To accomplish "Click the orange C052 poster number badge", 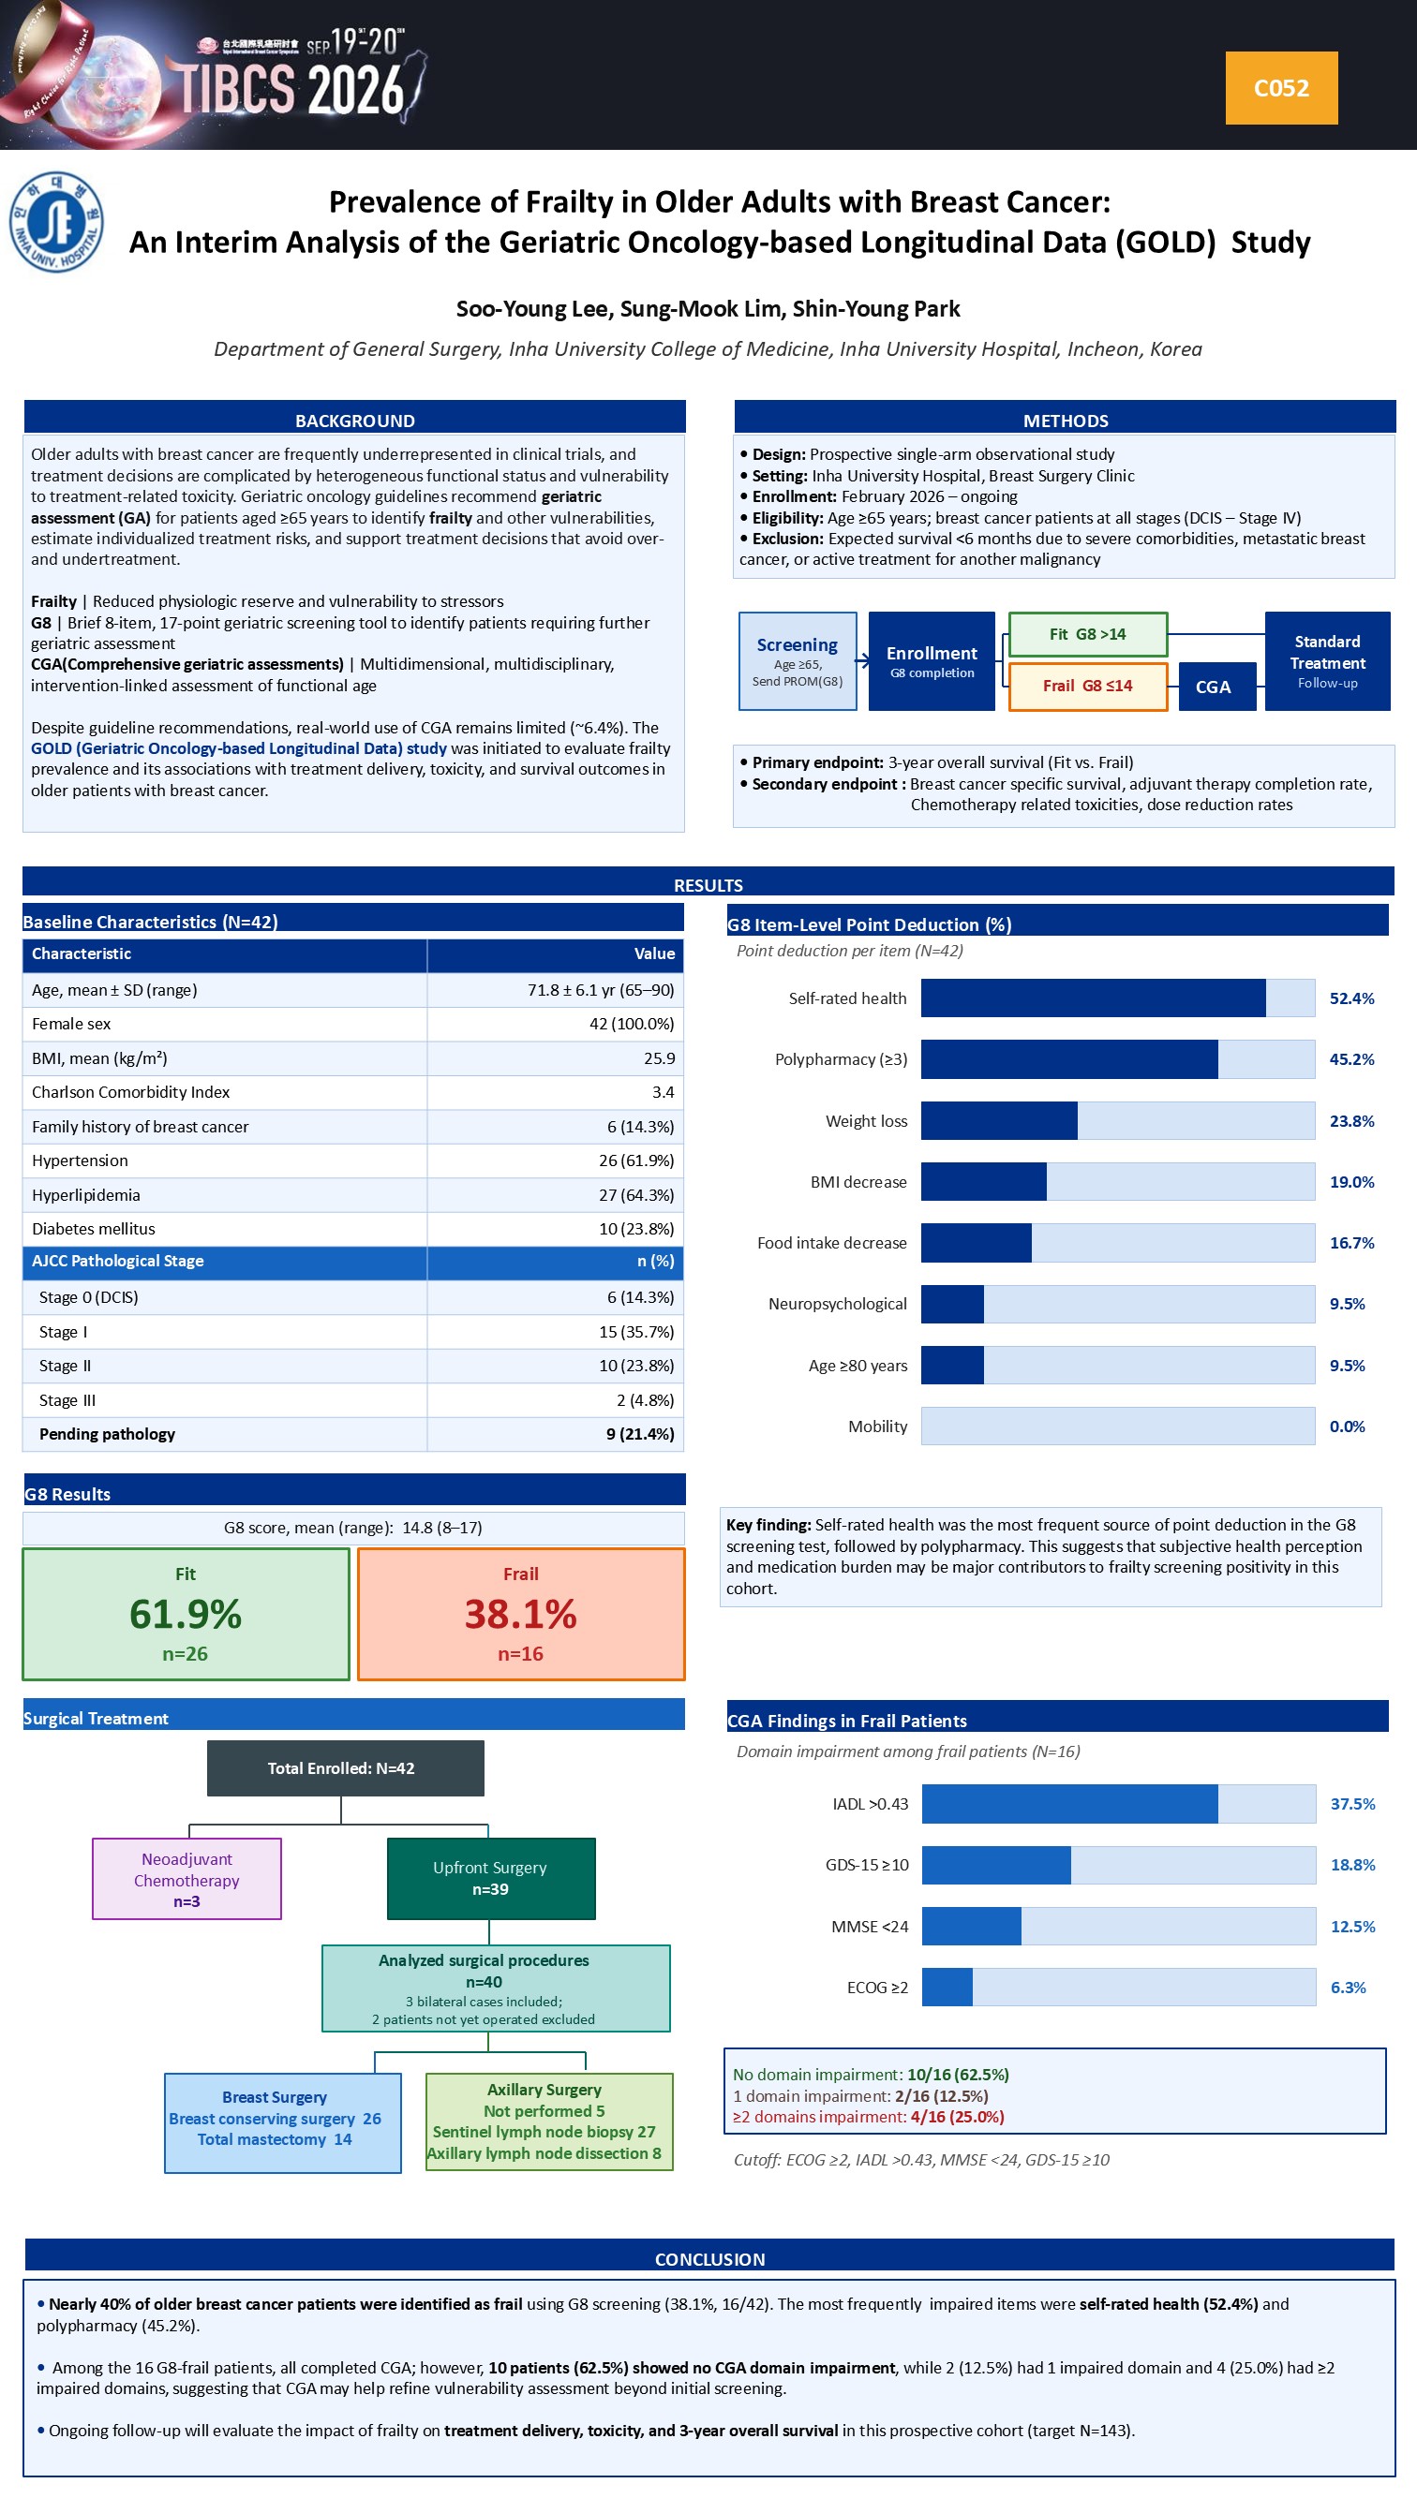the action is click(x=1280, y=88).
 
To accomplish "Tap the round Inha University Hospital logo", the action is click(x=56, y=222).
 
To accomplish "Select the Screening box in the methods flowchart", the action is click(x=798, y=660).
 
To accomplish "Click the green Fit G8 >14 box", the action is click(x=1087, y=634).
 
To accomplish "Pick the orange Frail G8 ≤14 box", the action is click(x=1087, y=686).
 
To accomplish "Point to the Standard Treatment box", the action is click(x=1327, y=660).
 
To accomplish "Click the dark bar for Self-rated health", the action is click(x=1093, y=998).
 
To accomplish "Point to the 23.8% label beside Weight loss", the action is click(x=1351, y=1121).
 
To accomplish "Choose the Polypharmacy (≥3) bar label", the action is click(x=842, y=1059).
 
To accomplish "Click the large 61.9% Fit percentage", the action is click(x=186, y=1614).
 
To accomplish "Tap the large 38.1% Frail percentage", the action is click(x=520, y=1614).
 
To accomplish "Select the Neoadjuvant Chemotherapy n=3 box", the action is click(x=186, y=1879).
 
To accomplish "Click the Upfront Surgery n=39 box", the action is click(x=491, y=1879).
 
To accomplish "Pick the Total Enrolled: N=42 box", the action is click(x=346, y=1767).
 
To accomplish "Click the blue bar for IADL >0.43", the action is click(x=1069, y=1804).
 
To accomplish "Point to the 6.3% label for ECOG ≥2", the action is click(x=1348, y=1988).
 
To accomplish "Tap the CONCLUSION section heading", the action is click(x=709, y=2259).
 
